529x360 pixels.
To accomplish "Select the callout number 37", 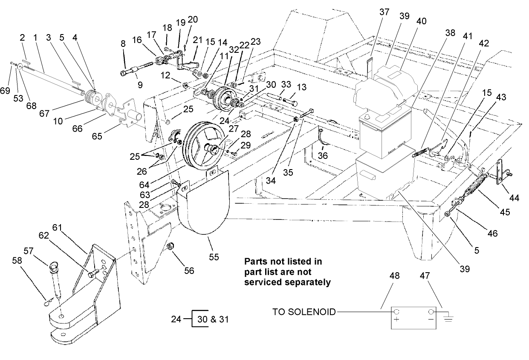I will pos(384,12).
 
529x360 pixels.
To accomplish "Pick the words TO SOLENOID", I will pos(304,312).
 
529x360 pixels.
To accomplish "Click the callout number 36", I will pos(322,156).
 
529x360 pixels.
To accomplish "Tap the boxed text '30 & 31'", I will pos(211,319).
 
